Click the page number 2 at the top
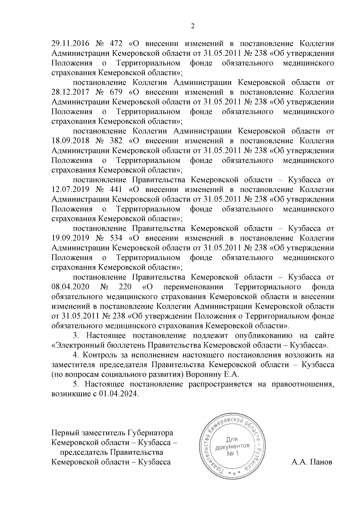click(x=193, y=26)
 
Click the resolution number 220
click(x=125, y=287)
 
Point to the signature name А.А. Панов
click(x=312, y=462)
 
